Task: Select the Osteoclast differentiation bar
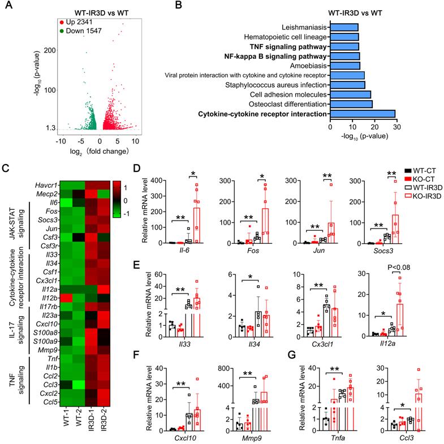tap(351, 104)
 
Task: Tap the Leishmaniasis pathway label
tap(301, 27)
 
